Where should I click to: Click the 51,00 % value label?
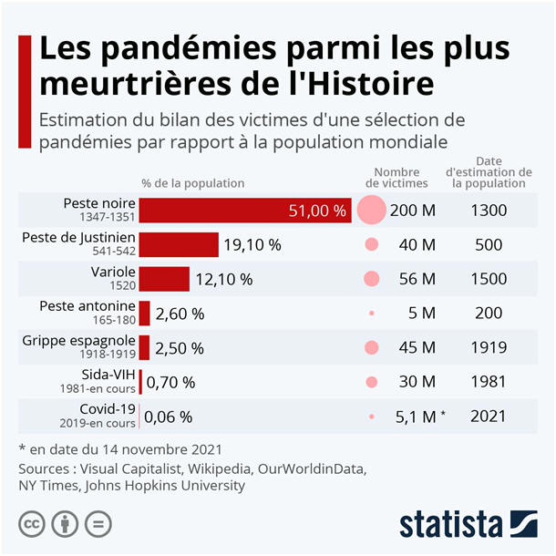coord(317,211)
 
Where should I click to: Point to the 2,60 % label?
coord(180,314)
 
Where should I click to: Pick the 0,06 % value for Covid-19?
coord(169,417)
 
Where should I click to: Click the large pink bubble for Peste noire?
coord(371,210)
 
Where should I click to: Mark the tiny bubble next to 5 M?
coord(372,314)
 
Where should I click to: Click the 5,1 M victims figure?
coord(416,417)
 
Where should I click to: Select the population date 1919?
coord(489,347)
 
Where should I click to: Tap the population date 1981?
coord(489,382)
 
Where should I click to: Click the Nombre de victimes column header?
coord(396,177)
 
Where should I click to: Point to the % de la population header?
coord(193,182)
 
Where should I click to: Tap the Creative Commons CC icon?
coord(35,525)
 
